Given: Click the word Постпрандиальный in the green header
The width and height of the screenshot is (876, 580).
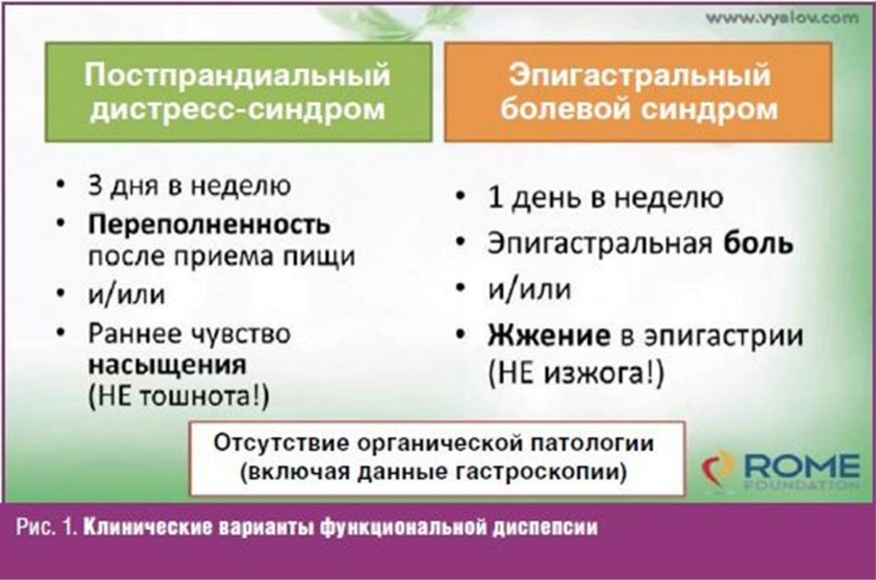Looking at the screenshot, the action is click(x=237, y=74).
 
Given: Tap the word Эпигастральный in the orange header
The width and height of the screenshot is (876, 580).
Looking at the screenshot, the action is click(x=639, y=75).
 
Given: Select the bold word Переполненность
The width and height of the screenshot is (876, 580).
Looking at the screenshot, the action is click(x=209, y=225).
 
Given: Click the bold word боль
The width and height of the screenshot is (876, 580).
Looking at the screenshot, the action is click(x=758, y=243).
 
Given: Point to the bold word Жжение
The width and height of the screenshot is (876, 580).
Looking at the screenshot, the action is click(x=549, y=335).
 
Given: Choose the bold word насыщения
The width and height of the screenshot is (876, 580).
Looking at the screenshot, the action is click(x=168, y=365).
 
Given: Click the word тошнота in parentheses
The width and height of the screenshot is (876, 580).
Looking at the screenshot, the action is click(x=193, y=397).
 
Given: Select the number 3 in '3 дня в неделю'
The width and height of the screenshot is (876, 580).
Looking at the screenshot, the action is click(x=95, y=184).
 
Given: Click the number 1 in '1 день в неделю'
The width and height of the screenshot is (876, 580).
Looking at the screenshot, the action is click(x=495, y=197).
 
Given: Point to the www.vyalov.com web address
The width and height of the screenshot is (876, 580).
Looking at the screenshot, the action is click(x=783, y=18).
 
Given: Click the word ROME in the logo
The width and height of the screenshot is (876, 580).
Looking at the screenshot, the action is click(x=802, y=466).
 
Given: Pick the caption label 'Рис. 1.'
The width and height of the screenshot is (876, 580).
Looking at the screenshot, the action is click(x=48, y=528).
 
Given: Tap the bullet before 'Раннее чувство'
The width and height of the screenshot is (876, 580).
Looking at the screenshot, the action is click(x=61, y=333).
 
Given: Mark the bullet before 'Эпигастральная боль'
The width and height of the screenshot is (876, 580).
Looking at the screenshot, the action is click(x=460, y=242).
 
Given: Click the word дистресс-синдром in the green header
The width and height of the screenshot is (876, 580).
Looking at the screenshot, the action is click(x=238, y=108).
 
